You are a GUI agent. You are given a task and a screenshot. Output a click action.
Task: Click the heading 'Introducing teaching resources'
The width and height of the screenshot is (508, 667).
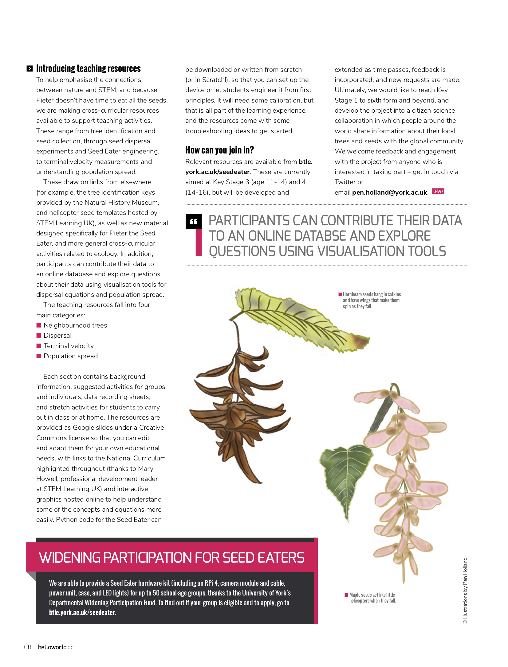click(88, 68)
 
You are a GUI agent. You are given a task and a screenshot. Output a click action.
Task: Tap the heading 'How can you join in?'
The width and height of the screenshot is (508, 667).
click(219, 150)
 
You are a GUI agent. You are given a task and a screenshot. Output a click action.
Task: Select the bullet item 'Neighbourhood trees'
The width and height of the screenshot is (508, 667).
click(75, 325)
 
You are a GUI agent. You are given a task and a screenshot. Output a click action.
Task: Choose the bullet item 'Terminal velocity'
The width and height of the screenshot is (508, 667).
click(69, 346)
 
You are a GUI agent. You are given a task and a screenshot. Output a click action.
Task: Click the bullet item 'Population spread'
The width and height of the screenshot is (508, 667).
click(70, 356)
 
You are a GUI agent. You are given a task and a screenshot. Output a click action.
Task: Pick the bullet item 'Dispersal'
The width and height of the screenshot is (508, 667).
click(57, 335)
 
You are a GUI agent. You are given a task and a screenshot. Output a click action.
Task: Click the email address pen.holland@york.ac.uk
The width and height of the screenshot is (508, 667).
click(390, 192)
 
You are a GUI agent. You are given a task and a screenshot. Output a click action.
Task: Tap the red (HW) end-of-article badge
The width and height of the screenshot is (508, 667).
click(438, 192)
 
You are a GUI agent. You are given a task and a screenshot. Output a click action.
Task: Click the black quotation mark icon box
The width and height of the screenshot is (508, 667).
click(194, 222)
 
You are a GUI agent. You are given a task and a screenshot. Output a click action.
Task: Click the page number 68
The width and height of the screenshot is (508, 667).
click(28, 647)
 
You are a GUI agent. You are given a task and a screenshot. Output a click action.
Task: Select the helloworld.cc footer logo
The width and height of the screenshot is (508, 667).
click(56, 647)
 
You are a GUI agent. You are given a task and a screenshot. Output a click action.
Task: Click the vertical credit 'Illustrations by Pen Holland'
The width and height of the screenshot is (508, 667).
click(465, 591)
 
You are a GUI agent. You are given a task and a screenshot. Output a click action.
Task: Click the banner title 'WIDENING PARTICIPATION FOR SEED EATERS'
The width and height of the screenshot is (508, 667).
click(171, 558)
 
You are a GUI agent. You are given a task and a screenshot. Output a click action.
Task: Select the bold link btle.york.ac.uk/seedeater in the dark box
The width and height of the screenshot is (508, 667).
click(82, 613)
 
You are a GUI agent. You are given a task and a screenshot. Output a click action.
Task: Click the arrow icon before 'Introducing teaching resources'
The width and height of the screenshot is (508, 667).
click(30, 69)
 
